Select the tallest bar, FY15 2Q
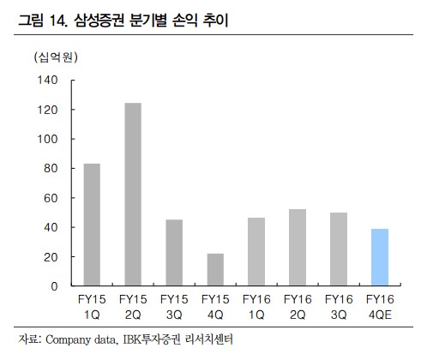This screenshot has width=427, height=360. (x=133, y=195)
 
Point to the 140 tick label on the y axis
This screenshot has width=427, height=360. (x=47, y=81)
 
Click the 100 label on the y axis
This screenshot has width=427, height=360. (x=47, y=139)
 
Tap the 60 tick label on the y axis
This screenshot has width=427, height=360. (x=50, y=198)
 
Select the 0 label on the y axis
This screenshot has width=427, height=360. (x=53, y=285)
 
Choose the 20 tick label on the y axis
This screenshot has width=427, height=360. (x=50, y=256)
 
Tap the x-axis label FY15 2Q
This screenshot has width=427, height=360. (x=133, y=307)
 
